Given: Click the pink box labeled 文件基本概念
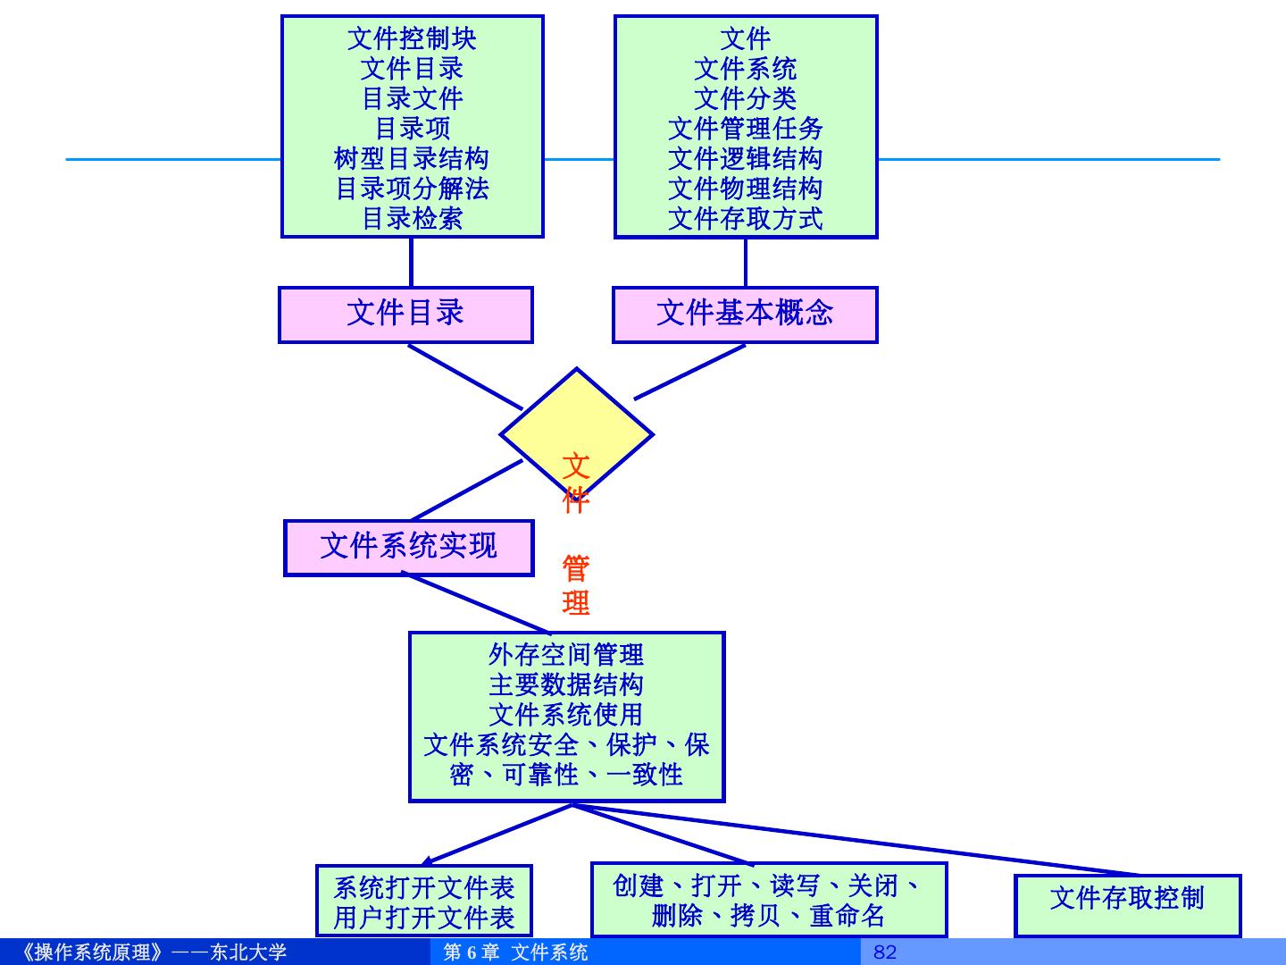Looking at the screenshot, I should [x=745, y=314].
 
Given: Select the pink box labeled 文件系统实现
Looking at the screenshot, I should [x=408, y=547].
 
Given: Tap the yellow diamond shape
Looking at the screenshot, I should [x=576, y=420].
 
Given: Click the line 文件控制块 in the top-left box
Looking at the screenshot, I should [x=412, y=38].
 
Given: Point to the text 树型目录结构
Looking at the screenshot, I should [x=412, y=158].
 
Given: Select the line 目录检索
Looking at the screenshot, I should [x=412, y=218].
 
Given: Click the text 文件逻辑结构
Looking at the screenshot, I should [x=745, y=158].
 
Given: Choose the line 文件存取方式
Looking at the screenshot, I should [x=745, y=218].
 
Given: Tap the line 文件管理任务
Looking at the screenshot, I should [x=745, y=128].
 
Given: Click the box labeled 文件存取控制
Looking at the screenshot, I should [x=1127, y=898].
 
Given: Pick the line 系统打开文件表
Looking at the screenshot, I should [x=424, y=887].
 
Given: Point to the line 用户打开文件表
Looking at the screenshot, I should [x=424, y=918].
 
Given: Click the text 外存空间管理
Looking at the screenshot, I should [x=566, y=655].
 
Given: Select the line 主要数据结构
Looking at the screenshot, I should [x=566, y=685].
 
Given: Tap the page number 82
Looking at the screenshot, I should [x=884, y=952].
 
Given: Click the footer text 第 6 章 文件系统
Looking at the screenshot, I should [x=516, y=952].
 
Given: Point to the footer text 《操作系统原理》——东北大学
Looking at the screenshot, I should [x=152, y=952].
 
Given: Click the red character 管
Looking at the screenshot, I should [x=576, y=569].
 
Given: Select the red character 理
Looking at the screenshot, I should [x=576, y=602].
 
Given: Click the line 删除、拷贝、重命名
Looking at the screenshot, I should [x=768, y=916].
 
